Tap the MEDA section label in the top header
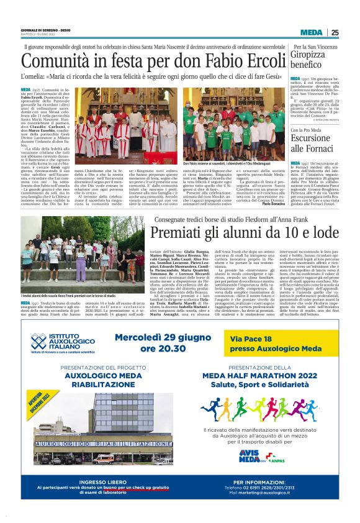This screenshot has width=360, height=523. [311, 33]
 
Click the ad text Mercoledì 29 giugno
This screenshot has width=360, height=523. [164, 339]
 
